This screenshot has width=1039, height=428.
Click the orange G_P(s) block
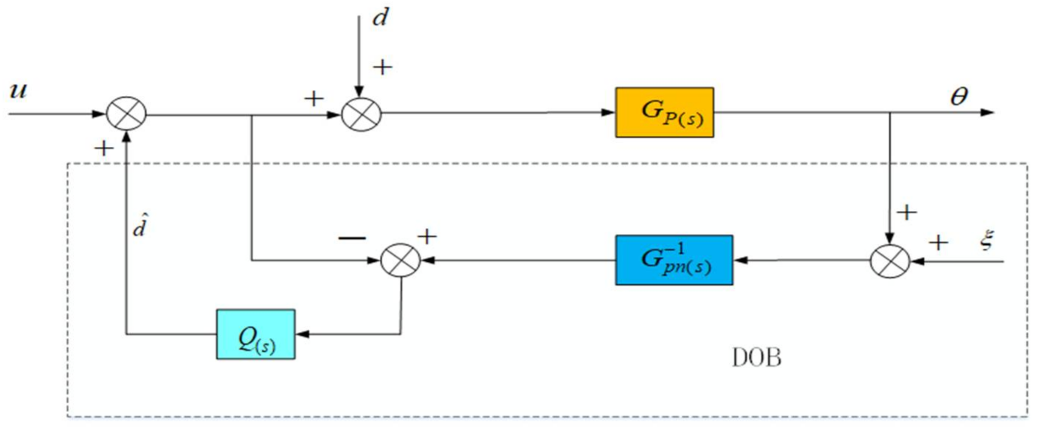pos(666,113)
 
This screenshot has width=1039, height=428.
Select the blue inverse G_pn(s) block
pos(674,260)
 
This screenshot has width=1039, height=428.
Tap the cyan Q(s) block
pos(255,334)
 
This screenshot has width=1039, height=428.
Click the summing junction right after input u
pos(127,114)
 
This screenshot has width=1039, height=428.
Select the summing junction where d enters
pos(360,114)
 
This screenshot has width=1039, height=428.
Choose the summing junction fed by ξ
pos(890,260)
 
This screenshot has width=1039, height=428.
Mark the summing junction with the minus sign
pos(400,260)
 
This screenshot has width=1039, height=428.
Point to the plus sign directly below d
pos(382,68)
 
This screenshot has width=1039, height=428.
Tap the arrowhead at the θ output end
pos(989,114)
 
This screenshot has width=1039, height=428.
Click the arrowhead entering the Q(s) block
pos(301,334)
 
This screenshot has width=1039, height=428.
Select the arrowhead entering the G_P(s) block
pos(610,114)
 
